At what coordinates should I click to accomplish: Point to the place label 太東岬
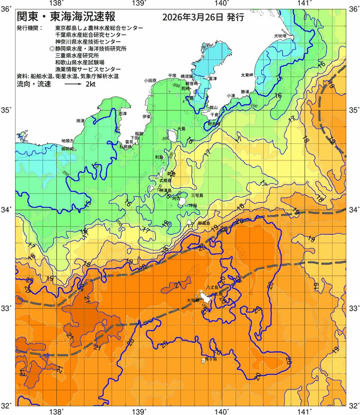tap(247, 75)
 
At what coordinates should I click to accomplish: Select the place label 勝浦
tap(245, 92)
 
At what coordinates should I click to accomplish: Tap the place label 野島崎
tap(214, 124)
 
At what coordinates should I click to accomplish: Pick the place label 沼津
tap(123, 113)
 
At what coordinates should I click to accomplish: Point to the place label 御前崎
tap(67, 149)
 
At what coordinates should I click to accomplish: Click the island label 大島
tap(181, 129)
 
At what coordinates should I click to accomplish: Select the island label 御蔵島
tap(204, 223)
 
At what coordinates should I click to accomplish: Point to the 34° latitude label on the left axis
tap(7, 210)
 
